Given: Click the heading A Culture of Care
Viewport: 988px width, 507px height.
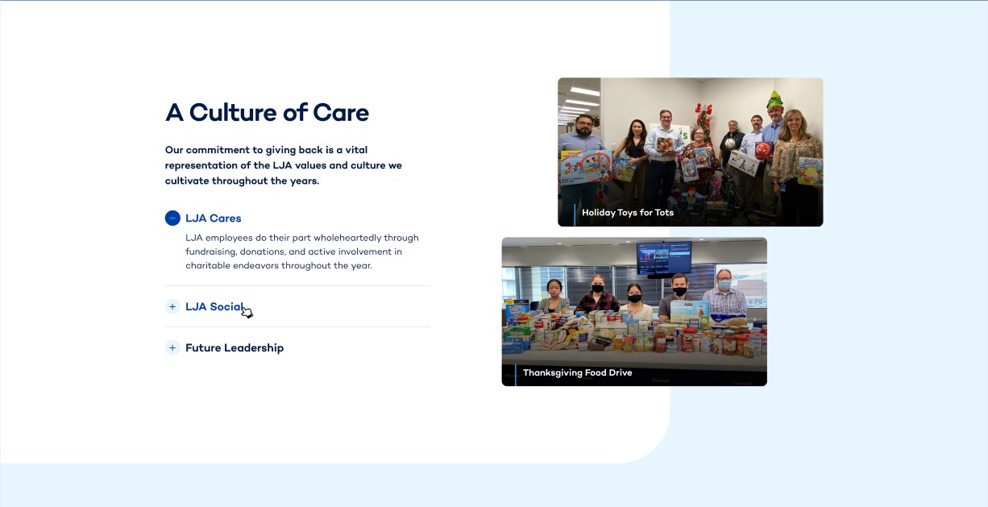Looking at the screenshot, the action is pyautogui.click(x=267, y=113).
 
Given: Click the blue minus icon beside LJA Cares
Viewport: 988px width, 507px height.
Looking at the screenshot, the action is pyautogui.click(x=172, y=218).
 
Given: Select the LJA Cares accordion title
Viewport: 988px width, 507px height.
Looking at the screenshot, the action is pyautogui.click(x=213, y=218).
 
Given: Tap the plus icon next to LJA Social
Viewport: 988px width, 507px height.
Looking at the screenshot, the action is pyautogui.click(x=172, y=306).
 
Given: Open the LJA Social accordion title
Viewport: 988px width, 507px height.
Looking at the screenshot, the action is pyautogui.click(x=214, y=306).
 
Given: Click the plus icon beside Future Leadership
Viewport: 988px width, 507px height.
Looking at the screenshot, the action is pyautogui.click(x=172, y=347).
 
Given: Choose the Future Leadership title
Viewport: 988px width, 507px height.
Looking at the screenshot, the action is pyautogui.click(x=235, y=347).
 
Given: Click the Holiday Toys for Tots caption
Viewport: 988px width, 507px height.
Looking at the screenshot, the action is pyautogui.click(x=628, y=213).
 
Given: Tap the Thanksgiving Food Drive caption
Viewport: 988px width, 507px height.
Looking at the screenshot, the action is pyautogui.click(x=577, y=372).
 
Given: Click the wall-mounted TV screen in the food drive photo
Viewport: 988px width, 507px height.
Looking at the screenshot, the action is pyautogui.click(x=664, y=258).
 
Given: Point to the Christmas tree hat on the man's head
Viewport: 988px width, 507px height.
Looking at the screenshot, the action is pyautogui.click(x=774, y=101).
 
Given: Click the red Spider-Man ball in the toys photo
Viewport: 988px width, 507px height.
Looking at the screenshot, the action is pyautogui.click(x=763, y=150).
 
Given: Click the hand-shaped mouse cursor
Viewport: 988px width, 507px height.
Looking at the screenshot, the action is pyautogui.click(x=247, y=311).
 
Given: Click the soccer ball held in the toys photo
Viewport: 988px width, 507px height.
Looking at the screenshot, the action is pyautogui.click(x=730, y=143).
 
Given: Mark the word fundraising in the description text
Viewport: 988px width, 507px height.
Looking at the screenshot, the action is pyautogui.click(x=211, y=252).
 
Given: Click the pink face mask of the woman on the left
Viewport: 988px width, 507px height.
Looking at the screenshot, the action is pyautogui.click(x=554, y=292).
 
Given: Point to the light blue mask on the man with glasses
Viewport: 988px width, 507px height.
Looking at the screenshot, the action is pyautogui.click(x=724, y=285).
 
